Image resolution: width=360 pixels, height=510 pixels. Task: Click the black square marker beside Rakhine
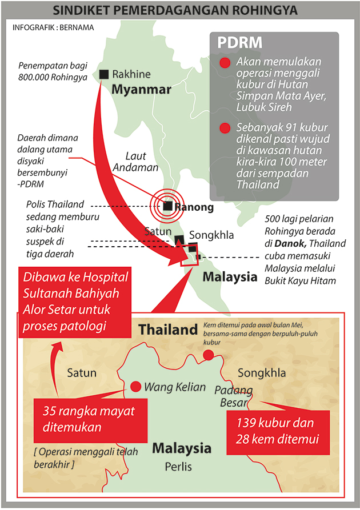[x=104, y=74]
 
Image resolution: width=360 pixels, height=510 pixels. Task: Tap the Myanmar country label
[x=141, y=90]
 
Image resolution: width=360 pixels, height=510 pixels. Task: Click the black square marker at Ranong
[x=167, y=206]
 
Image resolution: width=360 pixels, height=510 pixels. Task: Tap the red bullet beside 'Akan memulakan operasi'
[x=225, y=63]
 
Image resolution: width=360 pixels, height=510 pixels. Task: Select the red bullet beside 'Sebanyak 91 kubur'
[x=225, y=128]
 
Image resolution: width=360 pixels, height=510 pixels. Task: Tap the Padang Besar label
[x=233, y=396]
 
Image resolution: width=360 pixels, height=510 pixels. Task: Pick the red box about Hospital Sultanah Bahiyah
[x=75, y=302]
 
